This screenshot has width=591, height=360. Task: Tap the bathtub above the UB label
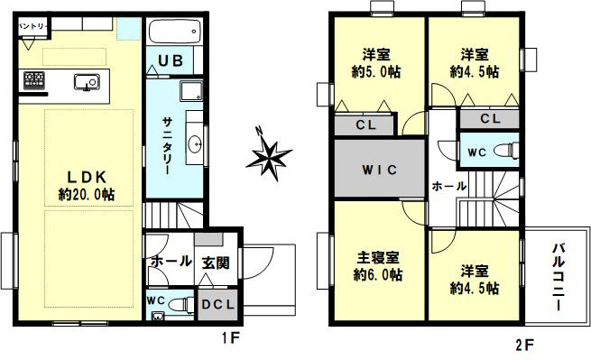(x=173, y=32)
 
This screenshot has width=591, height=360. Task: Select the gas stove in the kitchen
(x=34, y=80)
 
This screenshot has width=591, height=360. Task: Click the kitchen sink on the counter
(x=87, y=82)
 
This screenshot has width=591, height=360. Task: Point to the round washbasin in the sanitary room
(x=195, y=143)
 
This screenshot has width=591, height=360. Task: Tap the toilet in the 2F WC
(x=507, y=150)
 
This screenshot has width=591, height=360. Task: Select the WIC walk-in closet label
(x=380, y=170)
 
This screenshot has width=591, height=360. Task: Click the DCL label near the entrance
(x=217, y=305)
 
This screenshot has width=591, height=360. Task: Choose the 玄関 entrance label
(x=216, y=263)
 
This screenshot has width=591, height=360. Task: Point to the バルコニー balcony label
(x=559, y=277)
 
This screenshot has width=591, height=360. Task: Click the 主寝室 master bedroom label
(x=378, y=258)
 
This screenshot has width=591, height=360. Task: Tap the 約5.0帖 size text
(x=376, y=71)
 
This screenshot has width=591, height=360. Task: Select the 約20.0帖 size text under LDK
(x=87, y=195)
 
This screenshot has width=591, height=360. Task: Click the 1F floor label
(x=230, y=338)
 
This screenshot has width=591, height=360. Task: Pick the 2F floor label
(x=524, y=345)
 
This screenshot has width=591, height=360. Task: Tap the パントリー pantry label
(x=32, y=26)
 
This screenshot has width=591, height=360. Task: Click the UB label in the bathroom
(x=171, y=60)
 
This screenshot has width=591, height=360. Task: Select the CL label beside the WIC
(x=366, y=125)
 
